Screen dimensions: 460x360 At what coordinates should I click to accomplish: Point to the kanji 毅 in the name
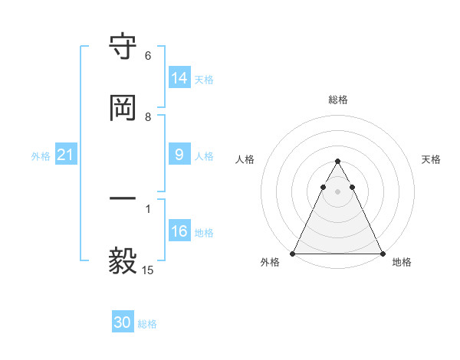[123, 261]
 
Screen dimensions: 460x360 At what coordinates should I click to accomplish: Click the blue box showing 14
[179, 78]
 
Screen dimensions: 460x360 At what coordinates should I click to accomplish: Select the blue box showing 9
[179, 155]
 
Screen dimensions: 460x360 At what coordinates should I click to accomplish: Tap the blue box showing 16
[179, 231]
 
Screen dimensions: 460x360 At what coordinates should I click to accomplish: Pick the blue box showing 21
[65, 155]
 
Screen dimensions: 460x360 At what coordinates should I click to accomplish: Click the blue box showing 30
[123, 322]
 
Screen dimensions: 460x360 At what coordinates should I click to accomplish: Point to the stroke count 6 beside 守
[148, 56]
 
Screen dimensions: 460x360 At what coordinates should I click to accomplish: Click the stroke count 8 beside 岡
[148, 117]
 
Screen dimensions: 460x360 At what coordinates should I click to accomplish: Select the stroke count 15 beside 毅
[148, 270]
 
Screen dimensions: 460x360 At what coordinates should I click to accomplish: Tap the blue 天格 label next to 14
[204, 79]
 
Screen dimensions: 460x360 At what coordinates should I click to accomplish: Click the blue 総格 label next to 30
[147, 324]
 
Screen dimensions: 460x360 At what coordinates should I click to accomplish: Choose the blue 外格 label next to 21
[41, 156]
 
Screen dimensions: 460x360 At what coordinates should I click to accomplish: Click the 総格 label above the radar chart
[337, 100]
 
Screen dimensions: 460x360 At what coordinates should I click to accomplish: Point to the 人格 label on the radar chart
[245, 159]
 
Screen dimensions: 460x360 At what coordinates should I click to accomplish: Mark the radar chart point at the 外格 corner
[293, 254]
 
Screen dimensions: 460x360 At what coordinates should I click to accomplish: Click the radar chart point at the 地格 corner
[382, 254]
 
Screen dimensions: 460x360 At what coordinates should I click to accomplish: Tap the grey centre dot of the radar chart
[337, 191]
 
